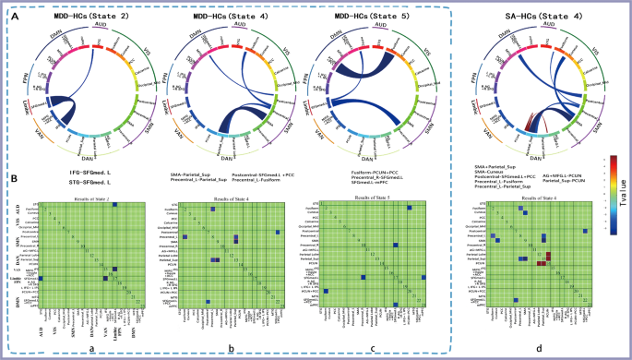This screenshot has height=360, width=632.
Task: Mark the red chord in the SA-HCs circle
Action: (x=500, y=114)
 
